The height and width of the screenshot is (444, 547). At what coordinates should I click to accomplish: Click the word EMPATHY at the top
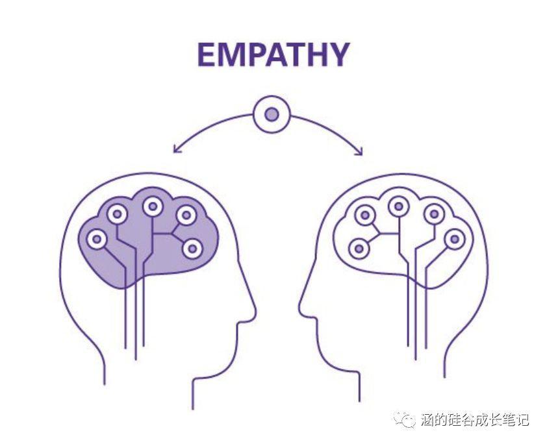(273, 55)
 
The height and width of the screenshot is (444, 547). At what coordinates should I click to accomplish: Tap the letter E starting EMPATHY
(206, 55)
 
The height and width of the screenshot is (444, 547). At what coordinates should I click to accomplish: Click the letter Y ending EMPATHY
(339, 55)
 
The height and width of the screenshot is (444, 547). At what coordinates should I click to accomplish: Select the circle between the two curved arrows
(272, 114)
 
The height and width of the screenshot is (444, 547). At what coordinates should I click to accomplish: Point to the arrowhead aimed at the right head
(359, 151)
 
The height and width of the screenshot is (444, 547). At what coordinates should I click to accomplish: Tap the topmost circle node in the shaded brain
(153, 206)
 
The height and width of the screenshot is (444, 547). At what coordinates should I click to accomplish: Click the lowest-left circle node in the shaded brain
(96, 239)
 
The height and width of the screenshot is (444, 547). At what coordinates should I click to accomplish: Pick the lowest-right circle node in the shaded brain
(192, 249)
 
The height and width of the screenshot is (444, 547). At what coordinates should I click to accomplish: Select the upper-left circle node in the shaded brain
(116, 214)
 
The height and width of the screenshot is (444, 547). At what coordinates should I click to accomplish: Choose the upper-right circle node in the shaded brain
(186, 215)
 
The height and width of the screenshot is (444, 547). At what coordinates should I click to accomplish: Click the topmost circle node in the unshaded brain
(399, 206)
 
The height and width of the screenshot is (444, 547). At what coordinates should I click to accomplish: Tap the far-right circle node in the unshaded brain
(455, 239)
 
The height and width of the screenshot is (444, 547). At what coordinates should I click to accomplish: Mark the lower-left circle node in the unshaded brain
(359, 249)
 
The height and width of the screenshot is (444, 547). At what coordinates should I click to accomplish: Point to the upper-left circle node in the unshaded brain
(365, 215)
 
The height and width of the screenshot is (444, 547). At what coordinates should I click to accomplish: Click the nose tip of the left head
(255, 308)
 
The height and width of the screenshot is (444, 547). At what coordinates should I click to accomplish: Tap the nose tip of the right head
(299, 308)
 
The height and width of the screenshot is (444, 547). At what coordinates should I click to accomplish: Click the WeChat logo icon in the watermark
(405, 419)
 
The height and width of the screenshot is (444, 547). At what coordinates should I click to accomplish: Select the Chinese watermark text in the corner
(475, 419)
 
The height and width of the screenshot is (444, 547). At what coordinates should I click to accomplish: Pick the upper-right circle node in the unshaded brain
(435, 214)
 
